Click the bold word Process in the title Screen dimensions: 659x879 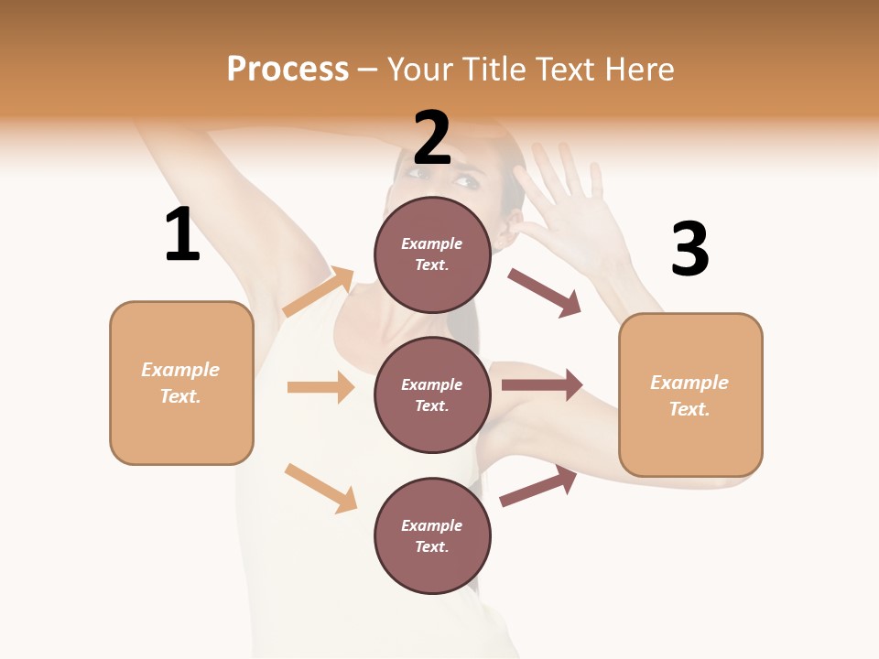pyautogui.click(x=288, y=70)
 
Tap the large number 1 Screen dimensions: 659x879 pyautogui.click(x=182, y=234)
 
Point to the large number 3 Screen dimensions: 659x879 pyautogui.click(x=689, y=249)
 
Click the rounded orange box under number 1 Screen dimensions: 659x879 pyautogui.click(x=181, y=383)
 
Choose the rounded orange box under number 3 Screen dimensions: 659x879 pyautogui.click(x=690, y=395)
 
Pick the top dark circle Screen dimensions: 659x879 pyautogui.click(x=432, y=254)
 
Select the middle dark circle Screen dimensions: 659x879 pyautogui.click(x=432, y=394)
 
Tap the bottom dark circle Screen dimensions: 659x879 pyautogui.click(x=432, y=535)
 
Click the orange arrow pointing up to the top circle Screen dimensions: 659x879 pyautogui.click(x=319, y=292)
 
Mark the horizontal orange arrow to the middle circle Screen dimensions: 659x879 pyautogui.click(x=320, y=387)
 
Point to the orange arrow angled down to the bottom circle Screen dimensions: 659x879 pyautogui.click(x=320, y=488)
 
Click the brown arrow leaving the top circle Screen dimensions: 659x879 pyautogui.click(x=545, y=293)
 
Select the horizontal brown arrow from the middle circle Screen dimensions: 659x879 pyautogui.click(x=542, y=385)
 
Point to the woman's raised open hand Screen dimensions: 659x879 pyautogui.click(x=568, y=201)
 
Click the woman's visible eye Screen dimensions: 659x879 pyautogui.click(x=466, y=181)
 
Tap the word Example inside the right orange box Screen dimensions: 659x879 pyautogui.click(x=689, y=383)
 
